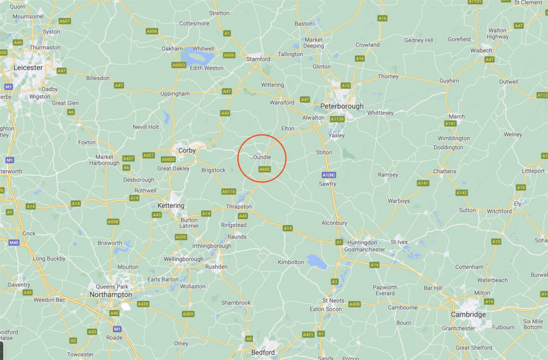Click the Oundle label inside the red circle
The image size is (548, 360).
262,157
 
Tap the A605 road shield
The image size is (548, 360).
264,169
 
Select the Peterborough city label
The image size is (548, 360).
342,106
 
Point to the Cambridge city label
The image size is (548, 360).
468,315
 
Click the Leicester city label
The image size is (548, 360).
28,68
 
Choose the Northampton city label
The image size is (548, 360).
110,295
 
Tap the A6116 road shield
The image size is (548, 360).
229,192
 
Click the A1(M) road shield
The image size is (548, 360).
329,175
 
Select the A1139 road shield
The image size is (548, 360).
337,119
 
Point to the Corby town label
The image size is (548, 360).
187,150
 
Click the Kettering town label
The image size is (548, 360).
171,205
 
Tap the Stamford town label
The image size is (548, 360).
258,59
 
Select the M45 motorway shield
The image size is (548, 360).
14,242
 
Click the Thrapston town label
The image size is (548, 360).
239,206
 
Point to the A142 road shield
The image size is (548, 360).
462,193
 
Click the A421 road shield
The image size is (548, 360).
308,334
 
